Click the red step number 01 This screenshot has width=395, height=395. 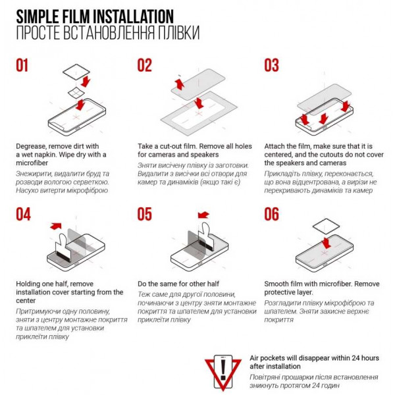coord(22,65)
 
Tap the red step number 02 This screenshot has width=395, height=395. coord(145,65)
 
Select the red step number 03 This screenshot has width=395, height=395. coord(271,65)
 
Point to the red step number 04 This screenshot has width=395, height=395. coord(24,215)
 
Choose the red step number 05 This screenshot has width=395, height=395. coord(145,215)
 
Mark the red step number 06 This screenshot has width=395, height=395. coord(271,215)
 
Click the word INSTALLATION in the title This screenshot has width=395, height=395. coord(133,16)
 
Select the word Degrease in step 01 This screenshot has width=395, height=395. coord(31,147)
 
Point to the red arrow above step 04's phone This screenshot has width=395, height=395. coord(56,226)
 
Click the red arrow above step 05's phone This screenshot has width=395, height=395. coord(203,215)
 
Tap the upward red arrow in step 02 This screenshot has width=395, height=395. coord(180,84)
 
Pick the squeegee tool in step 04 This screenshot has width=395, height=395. coord(62,248)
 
